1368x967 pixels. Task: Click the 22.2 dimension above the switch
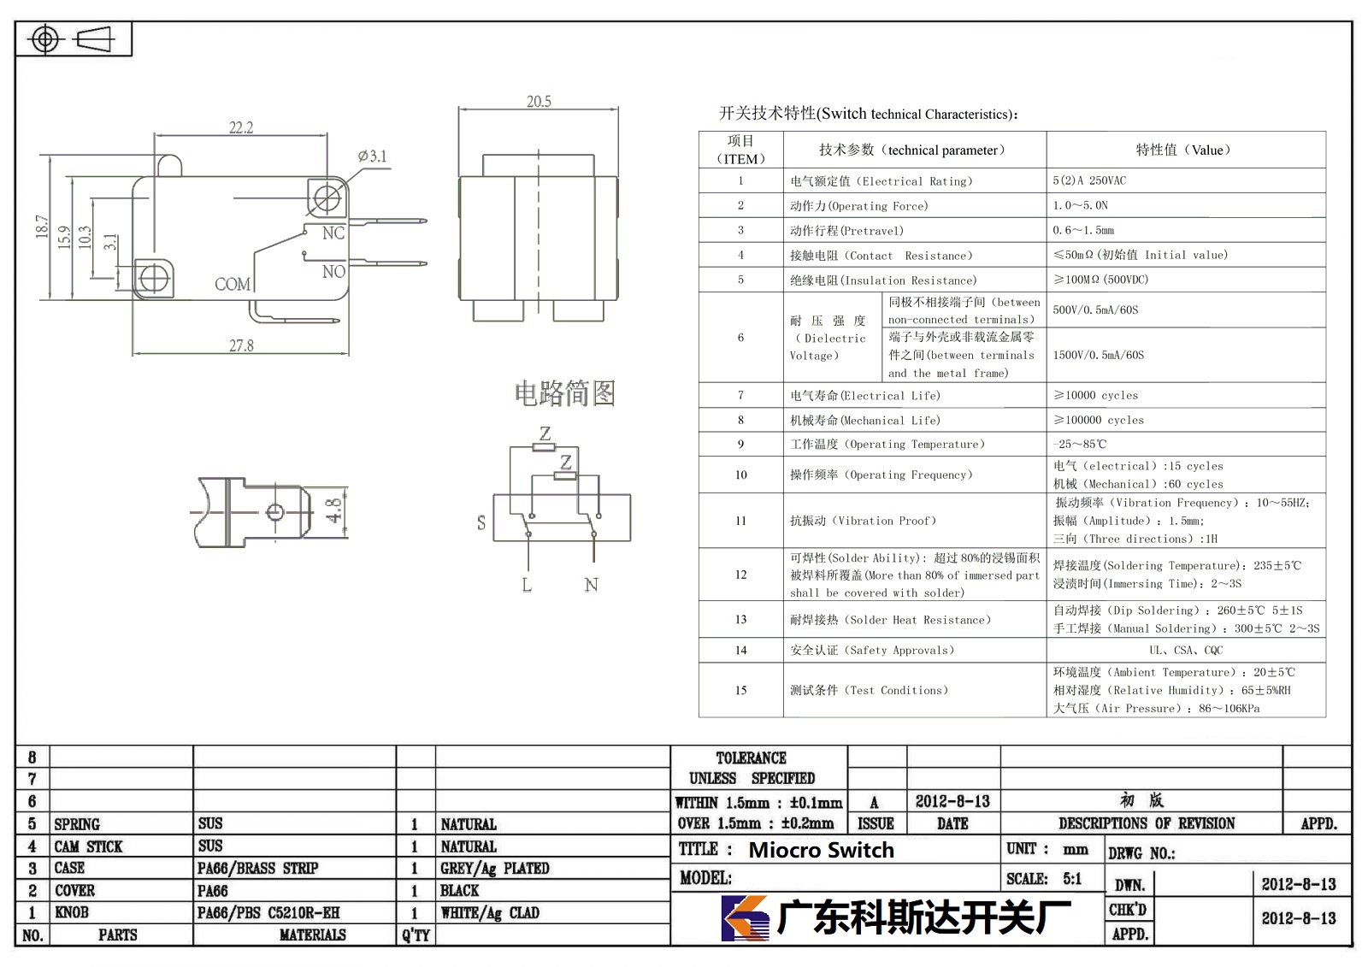coord(240,127)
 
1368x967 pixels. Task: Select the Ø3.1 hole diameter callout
coord(373,156)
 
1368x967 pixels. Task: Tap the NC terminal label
coord(333,233)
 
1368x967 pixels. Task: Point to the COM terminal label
coord(232,284)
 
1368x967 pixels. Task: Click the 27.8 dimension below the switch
coord(241,345)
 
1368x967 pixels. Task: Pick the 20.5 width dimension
coord(539,102)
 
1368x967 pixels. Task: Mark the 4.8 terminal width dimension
coord(333,510)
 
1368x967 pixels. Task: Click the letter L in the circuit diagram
coord(527,585)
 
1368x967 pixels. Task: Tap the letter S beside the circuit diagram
coord(481,522)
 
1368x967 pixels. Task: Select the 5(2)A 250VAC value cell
coord(1089,180)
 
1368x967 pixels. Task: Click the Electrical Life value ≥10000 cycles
coord(1095,395)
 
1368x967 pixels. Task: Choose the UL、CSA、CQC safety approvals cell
coord(1186,650)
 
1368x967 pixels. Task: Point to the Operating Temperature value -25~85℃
coord(1079,444)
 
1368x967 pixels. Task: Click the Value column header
coord(1183,150)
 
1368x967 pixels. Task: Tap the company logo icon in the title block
coord(745,918)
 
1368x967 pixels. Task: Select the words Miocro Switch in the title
coord(821,850)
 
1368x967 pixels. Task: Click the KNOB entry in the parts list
coord(72,912)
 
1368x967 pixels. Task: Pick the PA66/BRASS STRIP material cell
coord(257,868)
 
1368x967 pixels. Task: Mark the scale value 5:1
coord(1072,879)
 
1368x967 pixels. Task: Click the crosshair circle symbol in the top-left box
coord(45,39)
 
